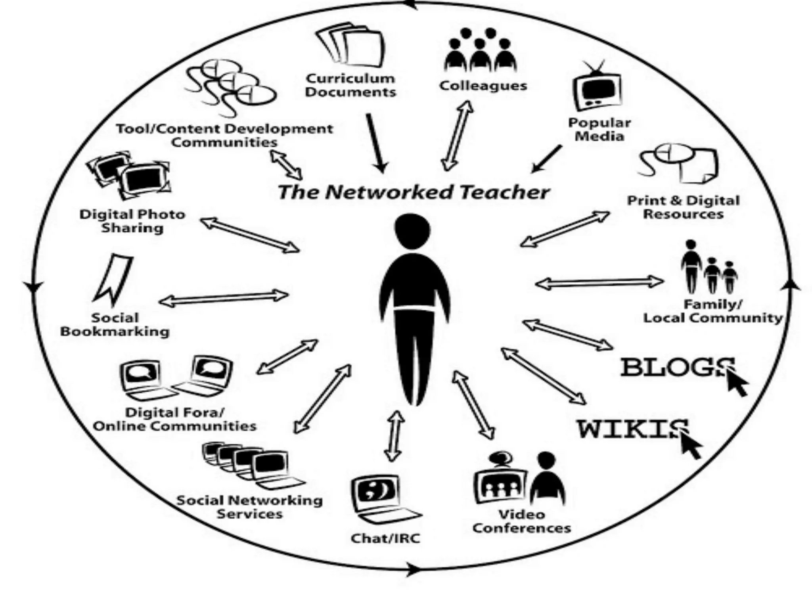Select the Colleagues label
pyautogui.click(x=483, y=86)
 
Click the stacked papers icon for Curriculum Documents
pyautogui.click(x=351, y=46)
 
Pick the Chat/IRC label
pyautogui.click(x=385, y=538)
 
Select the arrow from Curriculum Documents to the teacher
pyautogui.click(x=375, y=143)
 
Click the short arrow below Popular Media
pyautogui.click(x=547, y=159)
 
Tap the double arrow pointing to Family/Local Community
pyautogui.click(x=599, y=283)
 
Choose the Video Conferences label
pyautogui.click(x=521, y=521)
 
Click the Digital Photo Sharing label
pyautogui.click(x=132, y=221)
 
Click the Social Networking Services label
pyautogui.click(x=249, y=507)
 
